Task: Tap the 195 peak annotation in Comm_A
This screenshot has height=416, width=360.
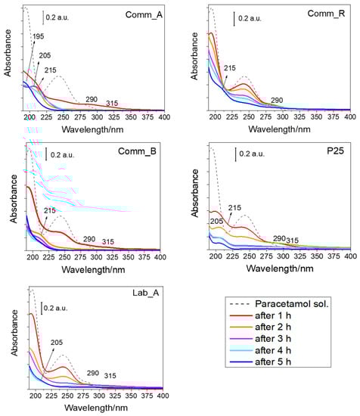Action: coord(38,36)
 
